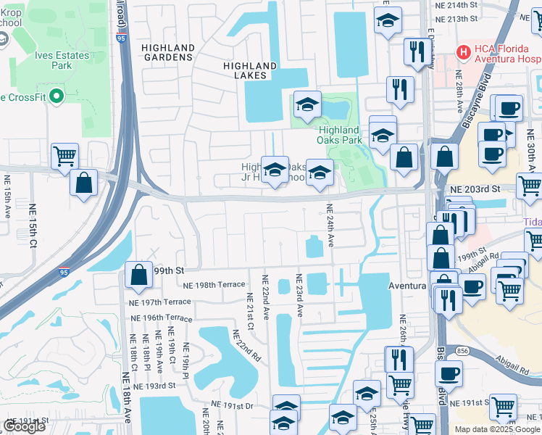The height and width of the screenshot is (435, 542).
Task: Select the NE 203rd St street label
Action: coord(475,188)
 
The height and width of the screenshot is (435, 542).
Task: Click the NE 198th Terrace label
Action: coord(214,285)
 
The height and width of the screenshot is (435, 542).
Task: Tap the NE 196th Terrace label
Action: coord(161,318)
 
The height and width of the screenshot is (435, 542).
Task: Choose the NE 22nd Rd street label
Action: coord(246,346)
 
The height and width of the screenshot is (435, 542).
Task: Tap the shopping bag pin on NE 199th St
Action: coord(138,275)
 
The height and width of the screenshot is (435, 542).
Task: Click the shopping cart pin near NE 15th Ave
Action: coord(64,155)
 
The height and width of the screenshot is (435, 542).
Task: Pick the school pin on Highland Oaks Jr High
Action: coord(275,170)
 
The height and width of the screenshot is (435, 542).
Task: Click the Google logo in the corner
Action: coord(25,426)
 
